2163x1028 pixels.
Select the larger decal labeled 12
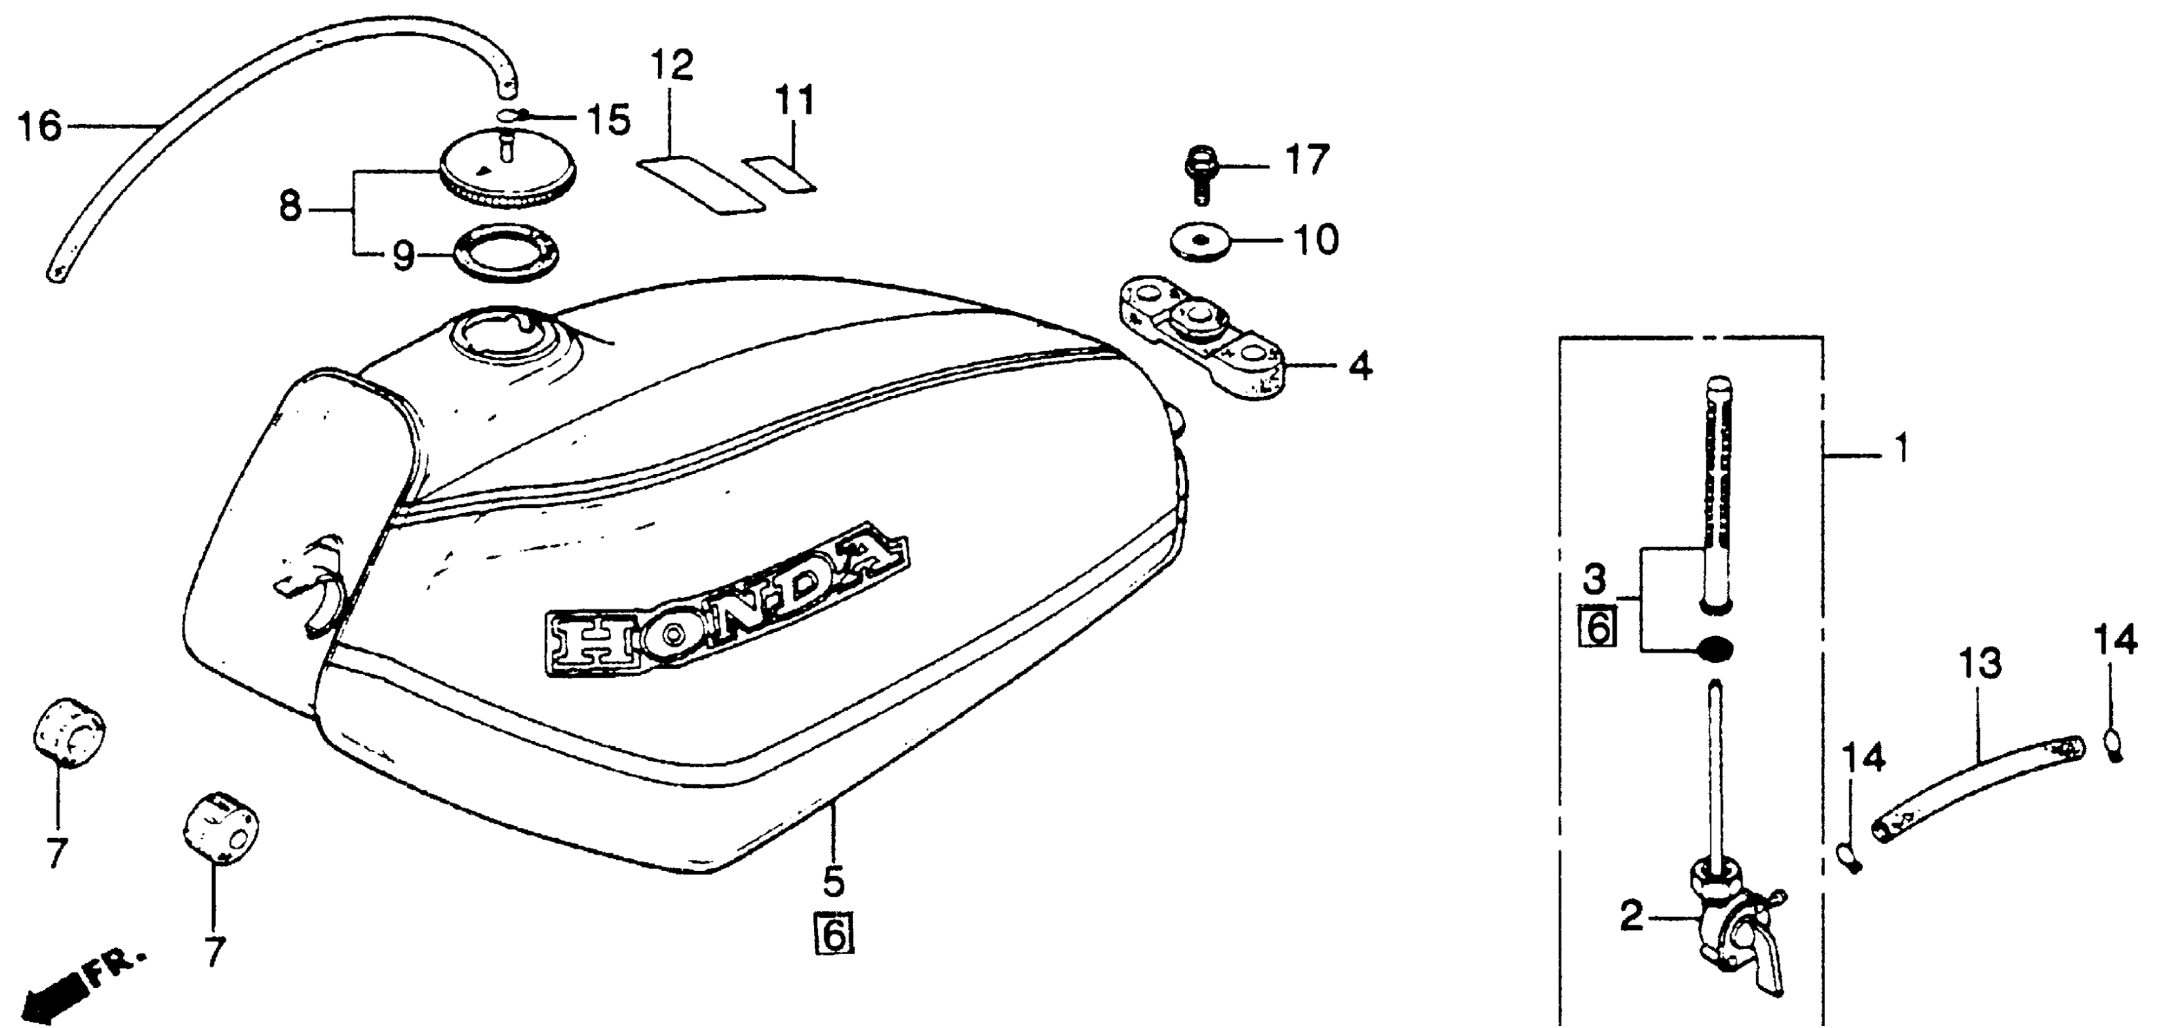point(702,181)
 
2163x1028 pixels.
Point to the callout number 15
point(609,121)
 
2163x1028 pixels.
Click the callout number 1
point(1902,449)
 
